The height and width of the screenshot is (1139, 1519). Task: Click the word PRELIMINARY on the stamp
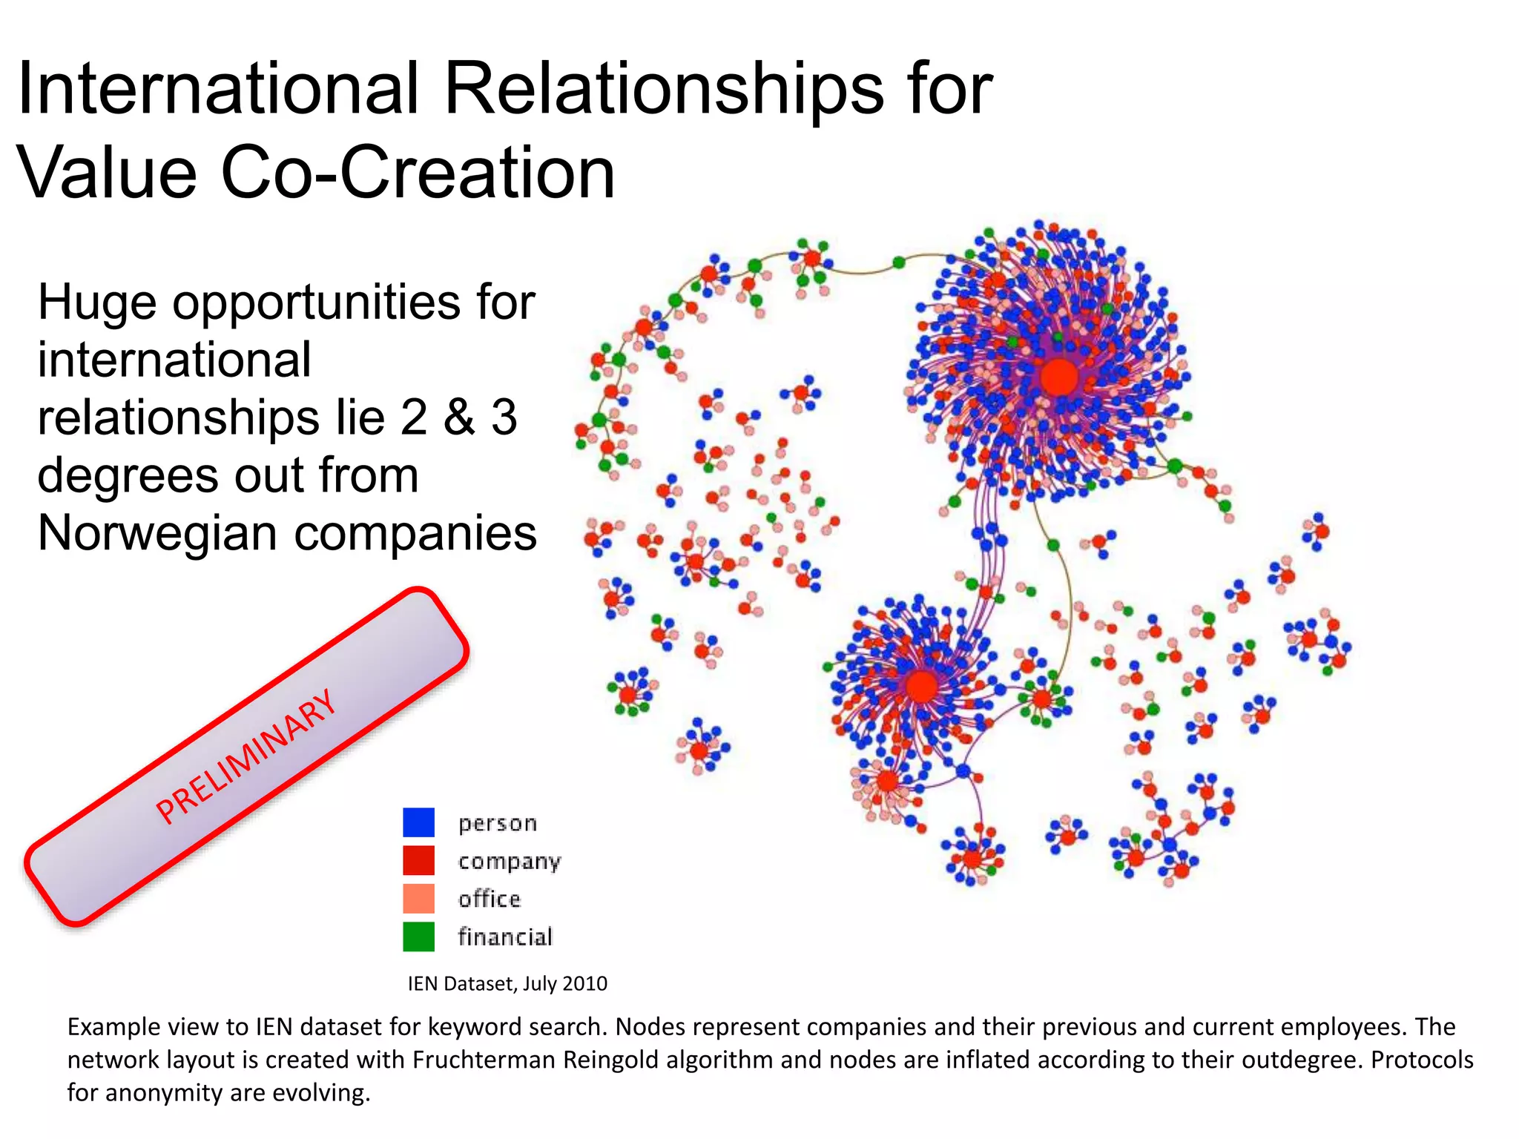pyautogui.click(x=246, y=756)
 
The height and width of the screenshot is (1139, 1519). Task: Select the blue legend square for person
pyautogui.click(x=418, y=822)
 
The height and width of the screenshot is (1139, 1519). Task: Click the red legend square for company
pyautogui.click(x=418, y=860)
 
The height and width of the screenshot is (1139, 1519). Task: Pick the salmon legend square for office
pyautogui.click(x=418, y=899)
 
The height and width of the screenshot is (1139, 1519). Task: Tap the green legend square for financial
pyautogui.click(x=418, y=937)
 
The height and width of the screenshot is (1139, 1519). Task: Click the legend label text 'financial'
pyautogui.click(x=505, y=937)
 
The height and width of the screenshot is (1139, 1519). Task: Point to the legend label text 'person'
pyautogui.click(x=497, y=823)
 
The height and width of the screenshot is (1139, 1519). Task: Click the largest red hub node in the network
pyautogui.click(x=1058, y=377)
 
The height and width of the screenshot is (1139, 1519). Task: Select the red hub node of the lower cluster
pyautogui.click(x=921, y=686)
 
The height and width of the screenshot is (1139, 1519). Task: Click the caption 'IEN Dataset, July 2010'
pyautogui.click(x=507, y=983)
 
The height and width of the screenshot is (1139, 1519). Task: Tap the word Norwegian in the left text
pyautogui.click(x=152, y=533)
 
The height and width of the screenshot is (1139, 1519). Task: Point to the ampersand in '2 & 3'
pyautogui.click(x=459, y=417)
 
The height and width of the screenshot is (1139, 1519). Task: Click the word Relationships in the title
pyautogui.click(x=663, y=89)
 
